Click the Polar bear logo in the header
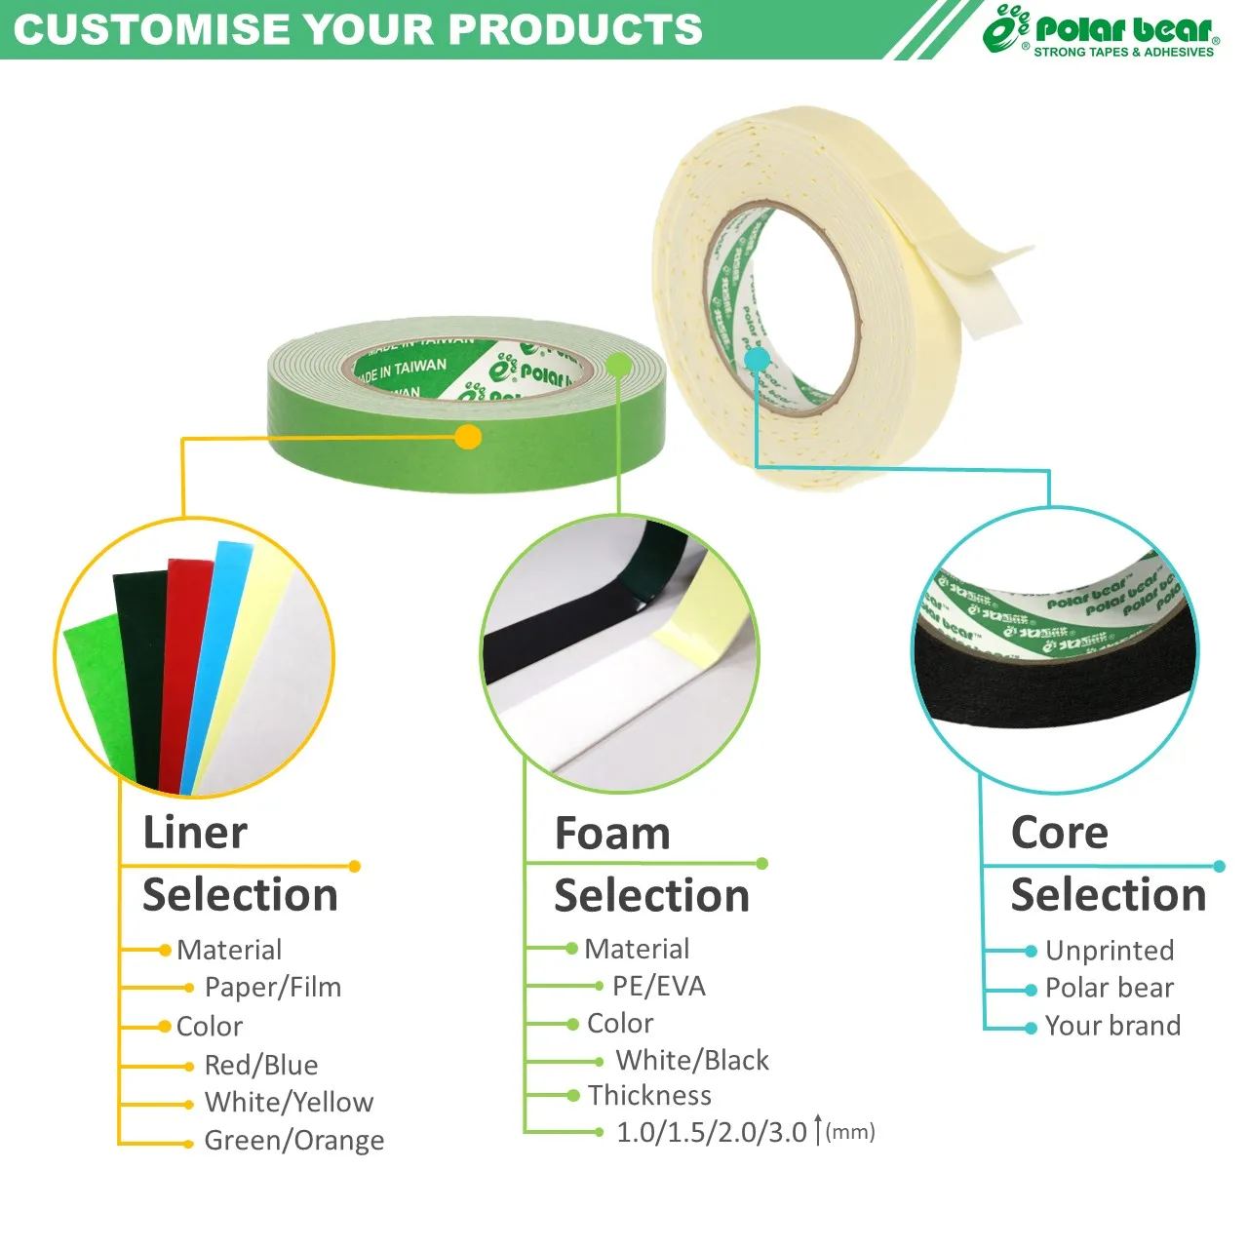[x=1102, y=31]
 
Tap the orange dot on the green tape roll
[x=468, y=437]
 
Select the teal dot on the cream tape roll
[x=757, y=360]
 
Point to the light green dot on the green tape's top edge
[x=618, y=366]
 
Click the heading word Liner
[x=195, y=833]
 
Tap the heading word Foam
[x=612, y=834]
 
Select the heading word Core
[x=1060, y=833]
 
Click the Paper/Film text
[x=273, y=987]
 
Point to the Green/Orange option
[x=293, y=1140]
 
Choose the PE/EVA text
[x=659, y=986]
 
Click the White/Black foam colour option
[x=692, y=1060]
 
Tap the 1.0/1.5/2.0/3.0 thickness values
[x=712, y=1132]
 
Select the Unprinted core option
[x=1110, y=950]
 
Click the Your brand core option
[x=1112, y=1025]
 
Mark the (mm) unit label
[x=850, y=1132]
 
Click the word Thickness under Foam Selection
[x=649, y=1095]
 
